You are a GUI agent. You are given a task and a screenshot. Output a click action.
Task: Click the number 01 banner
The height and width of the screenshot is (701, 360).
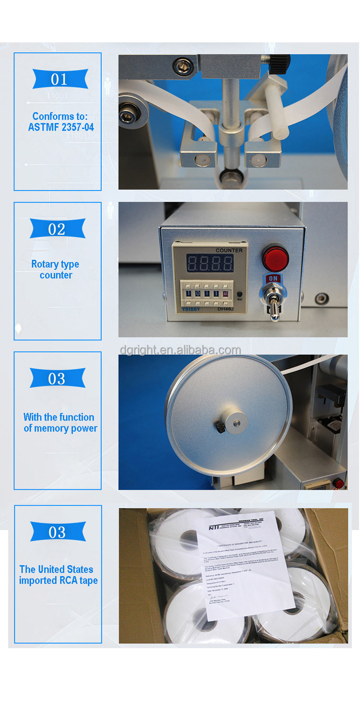[60, 79]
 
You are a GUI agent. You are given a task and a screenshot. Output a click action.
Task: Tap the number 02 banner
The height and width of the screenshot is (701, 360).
[57, 229]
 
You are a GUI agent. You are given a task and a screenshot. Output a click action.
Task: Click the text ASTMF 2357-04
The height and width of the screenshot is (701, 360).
[61, 127]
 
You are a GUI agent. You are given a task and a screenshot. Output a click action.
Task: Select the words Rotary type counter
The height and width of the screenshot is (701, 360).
[56, 269]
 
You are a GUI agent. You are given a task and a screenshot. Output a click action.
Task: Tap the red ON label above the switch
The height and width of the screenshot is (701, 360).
[273, 278]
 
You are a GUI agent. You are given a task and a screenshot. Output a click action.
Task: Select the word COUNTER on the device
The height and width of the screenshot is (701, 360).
[229, 250]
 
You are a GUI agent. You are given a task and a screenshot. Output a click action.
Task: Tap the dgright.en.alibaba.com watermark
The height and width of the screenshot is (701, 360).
[180, 350]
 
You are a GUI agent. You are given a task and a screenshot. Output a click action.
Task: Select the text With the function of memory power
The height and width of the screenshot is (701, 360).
[60, 423]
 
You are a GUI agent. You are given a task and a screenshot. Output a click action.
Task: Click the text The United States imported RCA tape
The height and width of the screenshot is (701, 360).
[58, 575]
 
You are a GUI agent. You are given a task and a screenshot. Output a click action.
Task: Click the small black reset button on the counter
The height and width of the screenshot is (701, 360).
[239, 294]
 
